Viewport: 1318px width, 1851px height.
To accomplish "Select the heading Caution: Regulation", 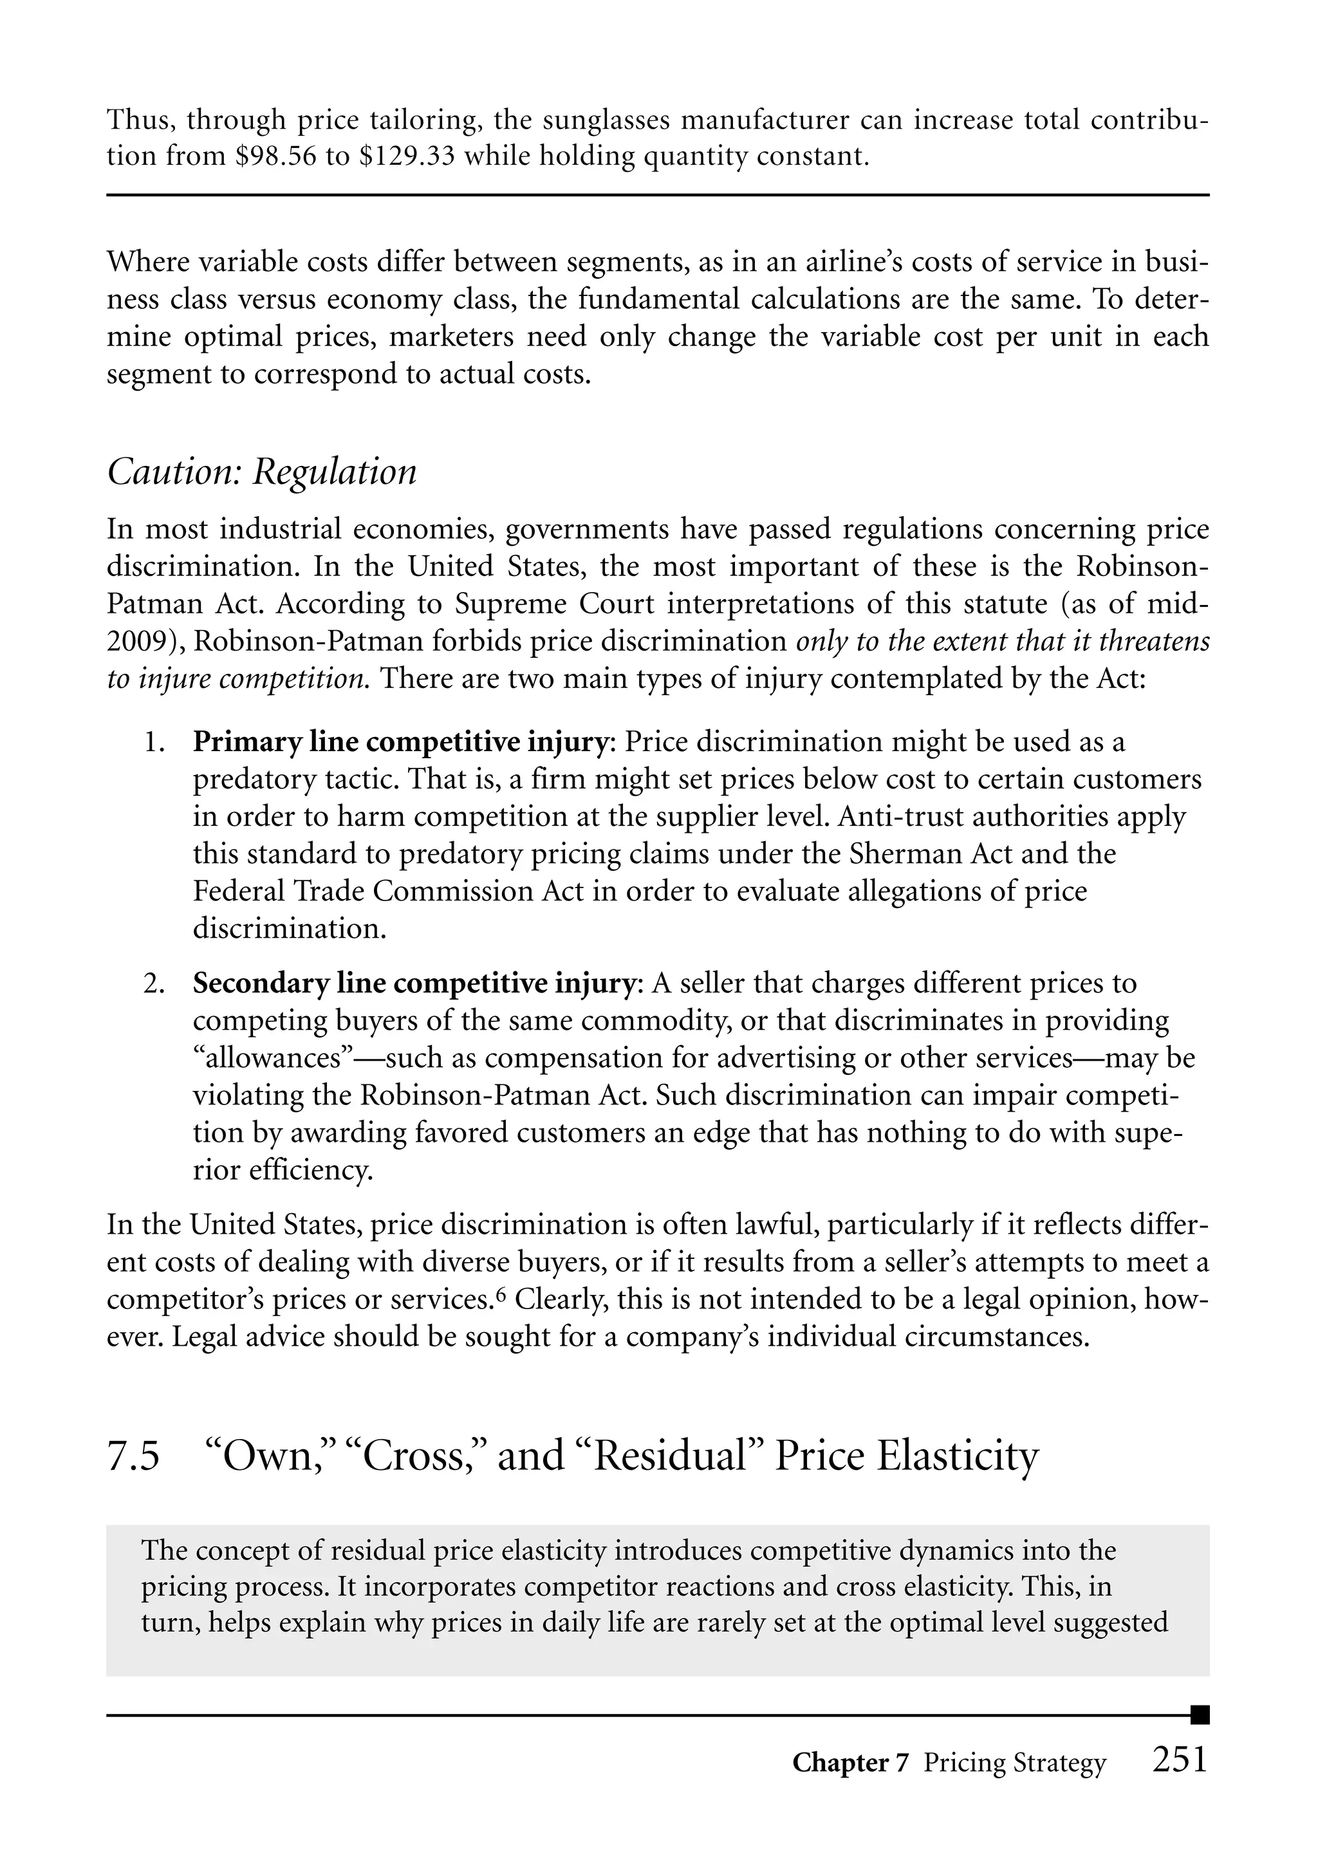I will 261,472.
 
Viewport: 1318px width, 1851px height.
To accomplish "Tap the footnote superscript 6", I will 501,1295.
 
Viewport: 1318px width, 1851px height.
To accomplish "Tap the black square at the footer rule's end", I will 1200,1715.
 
